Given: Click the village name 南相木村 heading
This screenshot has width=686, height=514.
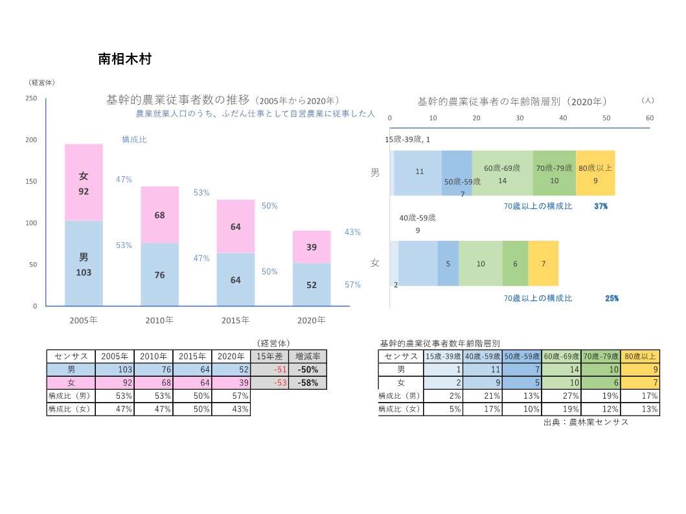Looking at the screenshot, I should (x=124, y=60).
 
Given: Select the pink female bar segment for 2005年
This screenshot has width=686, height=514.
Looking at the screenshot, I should (x=84, y=183).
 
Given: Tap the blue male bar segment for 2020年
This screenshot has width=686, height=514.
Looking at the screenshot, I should (x=312, y=285).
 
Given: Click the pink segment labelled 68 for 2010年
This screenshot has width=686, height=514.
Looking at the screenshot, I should (x=159, y=214).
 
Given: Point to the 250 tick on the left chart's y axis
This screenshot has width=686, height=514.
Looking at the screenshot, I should (x=31, y=98).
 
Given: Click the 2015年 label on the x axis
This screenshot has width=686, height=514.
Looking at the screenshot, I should (x=235, y=320).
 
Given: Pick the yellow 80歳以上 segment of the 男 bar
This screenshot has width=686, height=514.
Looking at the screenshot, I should (x=595, y=173).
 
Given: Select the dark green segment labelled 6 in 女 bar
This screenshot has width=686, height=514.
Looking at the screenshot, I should (x=515, y=263).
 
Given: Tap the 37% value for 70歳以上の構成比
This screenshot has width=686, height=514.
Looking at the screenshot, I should (x=601, y=207).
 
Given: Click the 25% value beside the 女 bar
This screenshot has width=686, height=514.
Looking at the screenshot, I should (x=612, y=298).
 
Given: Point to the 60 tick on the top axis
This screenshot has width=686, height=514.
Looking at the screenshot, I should (x=650, y=118).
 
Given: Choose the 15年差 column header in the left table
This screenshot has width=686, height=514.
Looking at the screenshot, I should (x=269, y=357).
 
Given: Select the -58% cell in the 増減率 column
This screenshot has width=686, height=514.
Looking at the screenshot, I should (x=307, y=383).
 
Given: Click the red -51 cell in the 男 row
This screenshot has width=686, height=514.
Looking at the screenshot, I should (x=269, y=370).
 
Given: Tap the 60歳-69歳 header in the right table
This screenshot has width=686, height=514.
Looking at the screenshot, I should (x=560, y=357).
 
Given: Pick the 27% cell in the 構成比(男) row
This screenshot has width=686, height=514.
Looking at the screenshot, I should (x=560, y=396).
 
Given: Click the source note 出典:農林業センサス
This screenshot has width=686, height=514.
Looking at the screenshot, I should (x=586, y=422).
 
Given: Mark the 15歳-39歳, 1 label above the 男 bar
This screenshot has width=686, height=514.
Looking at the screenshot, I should (x=408, y=140).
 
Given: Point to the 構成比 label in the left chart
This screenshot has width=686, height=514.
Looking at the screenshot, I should (x=134, y=139).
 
